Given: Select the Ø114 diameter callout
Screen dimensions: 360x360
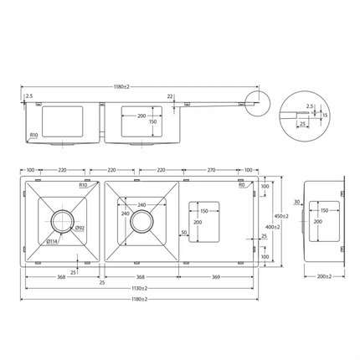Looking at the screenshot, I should coord(53,242).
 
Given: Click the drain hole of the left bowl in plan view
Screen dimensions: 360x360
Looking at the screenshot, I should coord(63,222).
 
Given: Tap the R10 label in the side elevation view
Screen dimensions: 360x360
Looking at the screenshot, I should coord(34,134).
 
